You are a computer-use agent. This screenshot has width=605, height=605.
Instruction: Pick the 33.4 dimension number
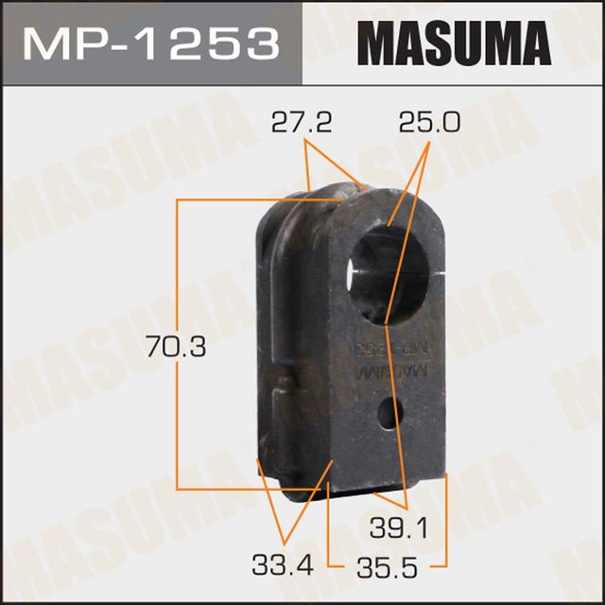[x=280, y=566]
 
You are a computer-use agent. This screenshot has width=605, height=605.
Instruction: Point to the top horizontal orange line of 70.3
[x=227, y=200]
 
